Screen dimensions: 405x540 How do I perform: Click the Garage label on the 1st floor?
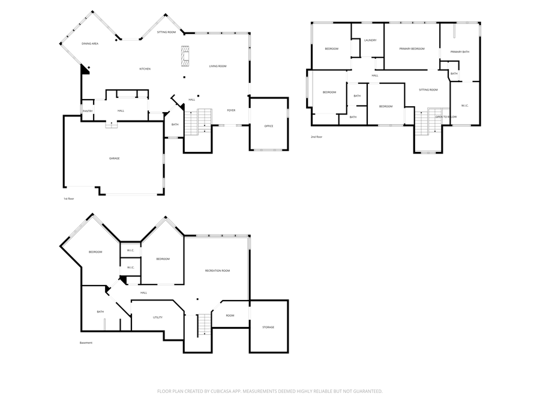click(114, 158)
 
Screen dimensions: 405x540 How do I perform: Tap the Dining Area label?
click(90, 44)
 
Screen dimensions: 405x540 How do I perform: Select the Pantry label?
click(87, 111)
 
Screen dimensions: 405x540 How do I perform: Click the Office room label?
click(269, 126)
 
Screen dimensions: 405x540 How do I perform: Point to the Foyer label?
click(231, 110)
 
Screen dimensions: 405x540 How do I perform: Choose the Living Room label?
click(218, 66)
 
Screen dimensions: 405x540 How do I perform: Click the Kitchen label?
click(145, 69)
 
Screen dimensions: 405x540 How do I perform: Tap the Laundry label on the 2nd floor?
click(370, 40)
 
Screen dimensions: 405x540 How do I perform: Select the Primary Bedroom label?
click(412, 49)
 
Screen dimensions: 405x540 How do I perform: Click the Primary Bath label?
click(460, 52)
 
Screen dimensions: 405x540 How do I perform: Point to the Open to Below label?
click(446, 116)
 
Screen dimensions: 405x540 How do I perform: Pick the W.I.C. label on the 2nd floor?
click(465, 106)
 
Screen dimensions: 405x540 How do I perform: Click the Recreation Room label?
click(217, 271)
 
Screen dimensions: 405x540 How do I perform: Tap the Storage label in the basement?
click(268, 327)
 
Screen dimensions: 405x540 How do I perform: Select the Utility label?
click(158, 317)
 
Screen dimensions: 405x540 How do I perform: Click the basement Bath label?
click(100, 311)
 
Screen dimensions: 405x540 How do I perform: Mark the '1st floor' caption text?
click(68, 199)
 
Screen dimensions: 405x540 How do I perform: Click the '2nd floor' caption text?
click(317, 137)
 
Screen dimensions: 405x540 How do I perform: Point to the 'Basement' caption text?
click(86, 343)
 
